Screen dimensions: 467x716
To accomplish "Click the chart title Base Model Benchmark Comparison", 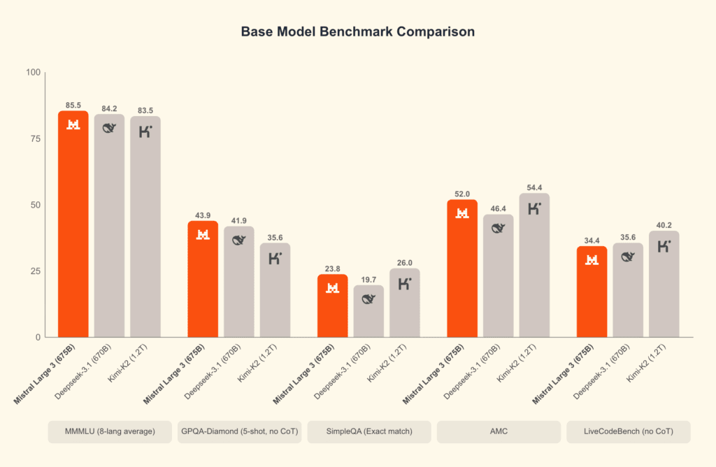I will (357, 32).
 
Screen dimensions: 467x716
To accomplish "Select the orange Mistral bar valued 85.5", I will (73, 224).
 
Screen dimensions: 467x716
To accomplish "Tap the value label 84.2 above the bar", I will (109, 108).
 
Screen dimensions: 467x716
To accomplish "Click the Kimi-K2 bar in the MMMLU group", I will (145, 227).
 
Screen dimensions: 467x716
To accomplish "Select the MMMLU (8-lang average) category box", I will (110, 432).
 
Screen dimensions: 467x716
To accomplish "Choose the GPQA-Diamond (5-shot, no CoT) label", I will (239, 432).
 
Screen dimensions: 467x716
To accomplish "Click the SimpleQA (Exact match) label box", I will (368, 432).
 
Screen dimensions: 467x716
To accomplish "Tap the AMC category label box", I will (499, 432).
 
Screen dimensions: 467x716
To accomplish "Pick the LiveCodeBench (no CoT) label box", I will (628, 432).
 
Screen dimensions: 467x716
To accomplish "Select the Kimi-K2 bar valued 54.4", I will (534, 266).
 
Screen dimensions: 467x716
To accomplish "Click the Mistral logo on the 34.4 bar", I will (592, 260).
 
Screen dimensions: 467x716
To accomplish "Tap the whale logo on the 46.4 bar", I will (499, 227).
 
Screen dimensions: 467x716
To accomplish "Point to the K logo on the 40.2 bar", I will (664, 245).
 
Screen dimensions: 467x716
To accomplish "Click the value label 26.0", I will (404, 262).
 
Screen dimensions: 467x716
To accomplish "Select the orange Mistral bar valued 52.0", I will (462, 269).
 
